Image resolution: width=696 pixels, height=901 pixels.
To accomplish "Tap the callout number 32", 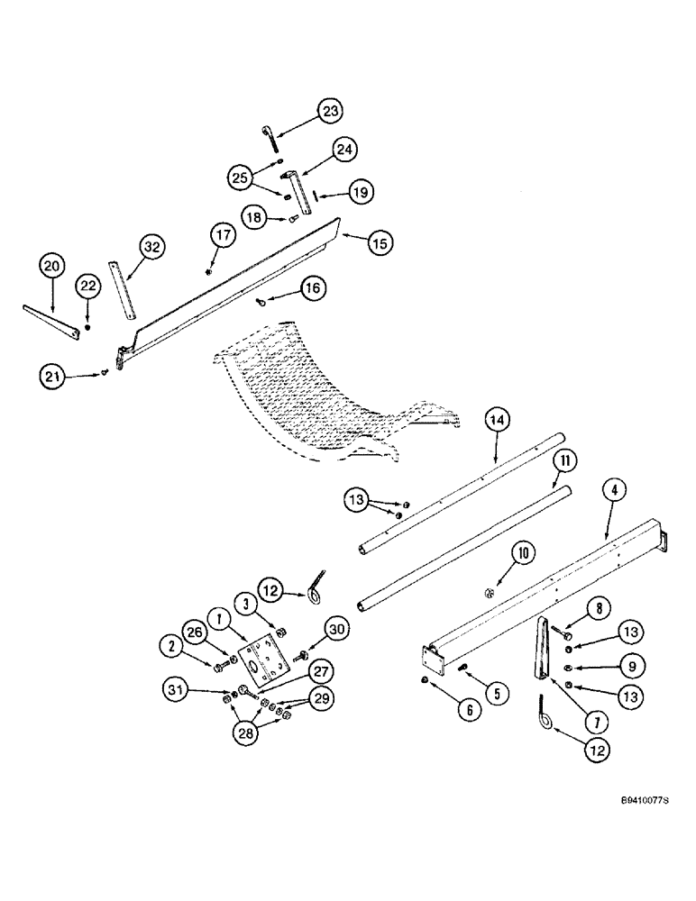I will tap(152, 247).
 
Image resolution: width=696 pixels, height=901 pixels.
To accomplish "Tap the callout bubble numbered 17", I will tap(223, 235).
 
